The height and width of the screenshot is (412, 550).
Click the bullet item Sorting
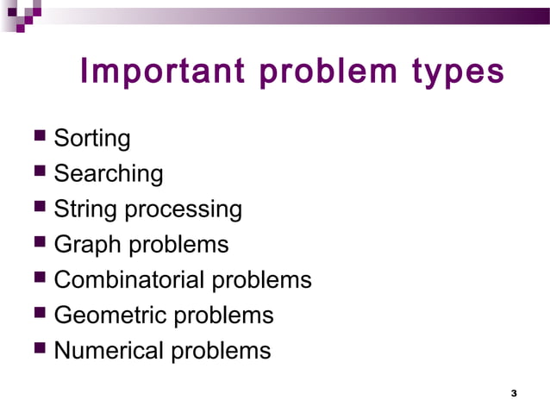(92, 139)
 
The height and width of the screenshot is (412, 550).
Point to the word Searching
(108, 174)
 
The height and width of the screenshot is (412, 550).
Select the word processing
(184, 210)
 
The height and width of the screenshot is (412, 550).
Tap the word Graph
(88, 245)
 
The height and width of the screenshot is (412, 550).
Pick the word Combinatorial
(129, 280)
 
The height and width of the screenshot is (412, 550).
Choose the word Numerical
(108, 351)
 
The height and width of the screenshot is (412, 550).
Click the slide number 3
(514, 394)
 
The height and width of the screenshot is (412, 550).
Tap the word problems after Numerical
(220, 352)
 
